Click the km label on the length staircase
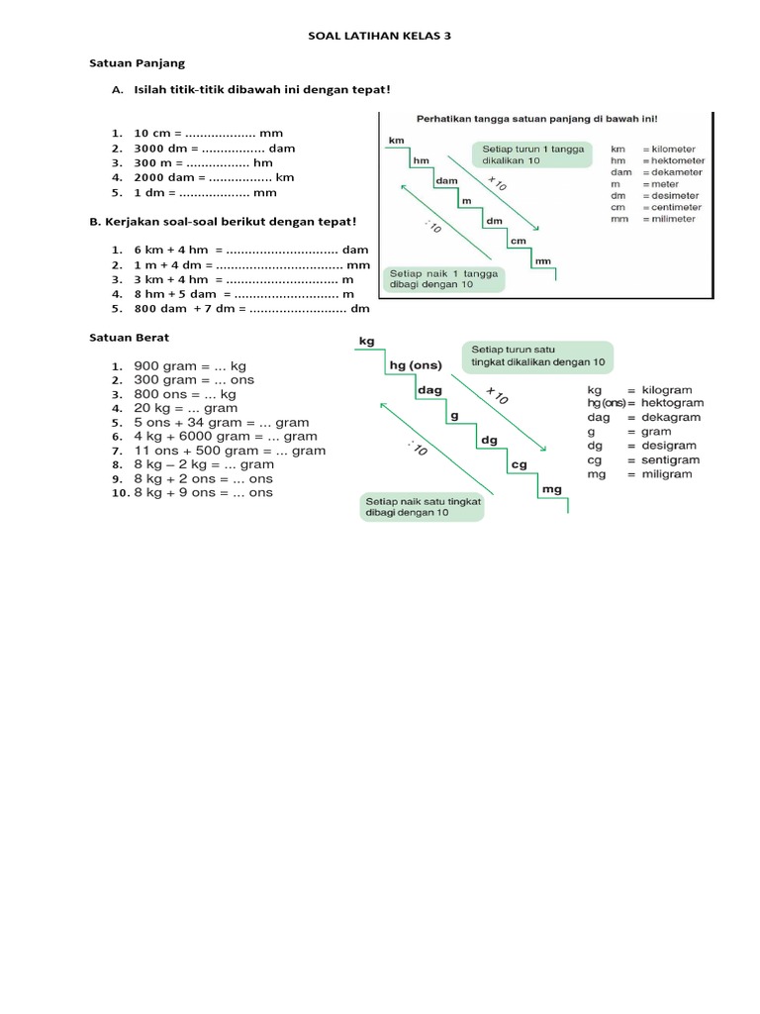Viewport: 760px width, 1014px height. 396,141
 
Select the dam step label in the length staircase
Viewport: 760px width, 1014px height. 445,181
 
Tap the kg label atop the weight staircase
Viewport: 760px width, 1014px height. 366,341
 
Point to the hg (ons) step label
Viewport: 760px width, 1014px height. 416,365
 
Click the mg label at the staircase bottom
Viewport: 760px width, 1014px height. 551,489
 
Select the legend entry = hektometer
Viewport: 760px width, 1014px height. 673,160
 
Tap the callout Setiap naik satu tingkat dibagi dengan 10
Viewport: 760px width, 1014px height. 422,507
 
